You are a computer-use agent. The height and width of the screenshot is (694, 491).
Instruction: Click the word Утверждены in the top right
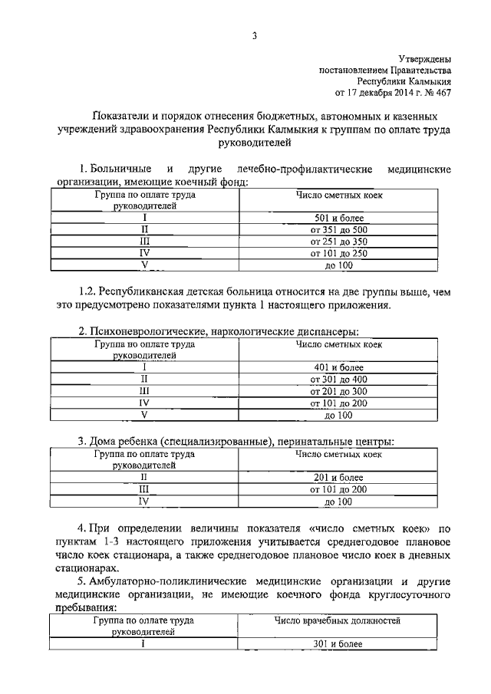tap(425, 58)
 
